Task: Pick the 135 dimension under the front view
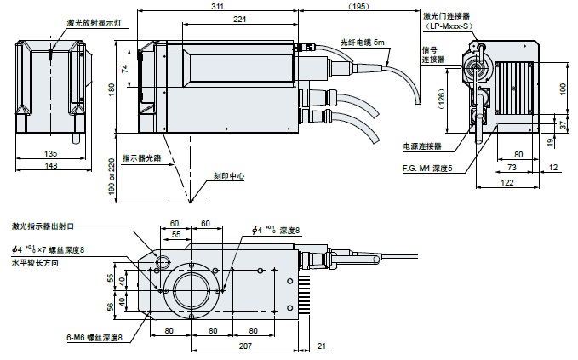tap(52, 153)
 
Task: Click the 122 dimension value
tap(508, 183)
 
